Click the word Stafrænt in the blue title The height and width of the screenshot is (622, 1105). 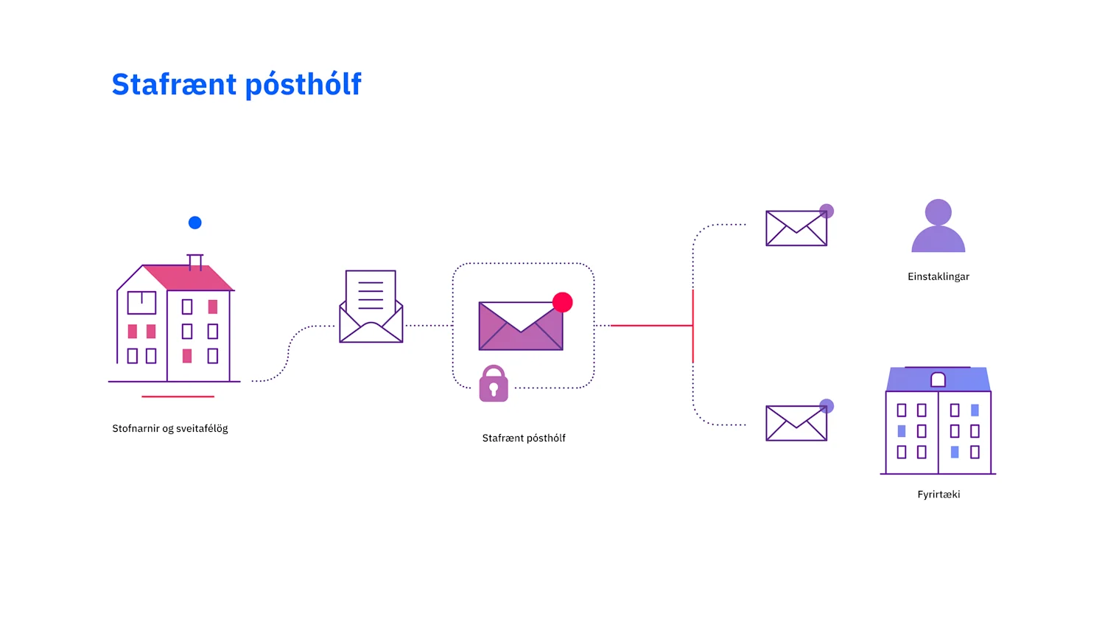[x=174, y=84]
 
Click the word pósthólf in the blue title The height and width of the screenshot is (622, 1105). [x=304, y=85]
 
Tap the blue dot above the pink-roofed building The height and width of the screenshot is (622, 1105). [x=195, y=223]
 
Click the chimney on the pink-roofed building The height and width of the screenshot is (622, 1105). [x=195, y=262]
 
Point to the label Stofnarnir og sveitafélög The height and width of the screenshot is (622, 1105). [x=170, y=428]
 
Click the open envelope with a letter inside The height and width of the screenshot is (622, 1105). [x=371, y=307]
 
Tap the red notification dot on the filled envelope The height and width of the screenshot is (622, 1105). [x=562, y=302]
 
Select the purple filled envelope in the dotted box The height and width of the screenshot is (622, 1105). [x=520, y=326]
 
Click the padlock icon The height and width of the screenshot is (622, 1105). [x=494, y=383]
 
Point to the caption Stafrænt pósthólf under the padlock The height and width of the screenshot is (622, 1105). [x=524, y=438]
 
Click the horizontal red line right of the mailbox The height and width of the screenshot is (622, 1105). [x=652, y=325]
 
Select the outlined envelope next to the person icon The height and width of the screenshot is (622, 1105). [x=796, y=228]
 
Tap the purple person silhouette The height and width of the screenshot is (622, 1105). [x=939, y=226]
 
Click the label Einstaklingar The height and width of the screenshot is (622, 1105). [x=939, y=276]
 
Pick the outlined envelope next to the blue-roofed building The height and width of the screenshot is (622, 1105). [x=796, y=423]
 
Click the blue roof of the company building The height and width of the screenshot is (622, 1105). [x=939, y=379]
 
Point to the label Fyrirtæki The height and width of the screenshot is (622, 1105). [x=939, y=495]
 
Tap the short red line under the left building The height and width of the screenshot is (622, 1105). [x=178, y=396]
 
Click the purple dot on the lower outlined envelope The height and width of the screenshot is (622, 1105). [x=827, y=406]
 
